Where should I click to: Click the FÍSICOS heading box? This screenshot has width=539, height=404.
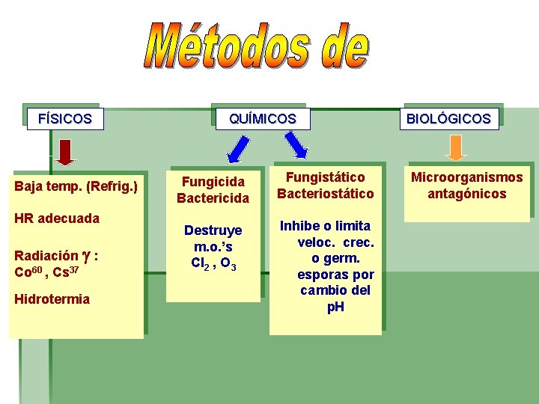(x=64, y=118)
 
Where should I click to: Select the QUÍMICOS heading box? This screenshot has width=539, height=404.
(x=262, y=118)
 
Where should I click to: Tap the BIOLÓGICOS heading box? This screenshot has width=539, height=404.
(x=448, y=118)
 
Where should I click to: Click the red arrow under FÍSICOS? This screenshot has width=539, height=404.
(x=67, y=152)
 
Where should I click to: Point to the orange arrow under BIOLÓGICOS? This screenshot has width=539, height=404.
(x=456, y=148)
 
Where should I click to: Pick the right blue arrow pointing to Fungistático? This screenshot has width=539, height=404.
(x=297, y=145)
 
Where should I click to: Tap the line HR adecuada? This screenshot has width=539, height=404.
(x=57, y=218)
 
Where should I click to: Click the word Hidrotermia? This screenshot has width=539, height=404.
(x=52, y=299)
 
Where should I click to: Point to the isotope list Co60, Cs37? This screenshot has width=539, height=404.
(x=46, y=272)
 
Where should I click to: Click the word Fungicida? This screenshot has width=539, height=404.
(x=213, y=182)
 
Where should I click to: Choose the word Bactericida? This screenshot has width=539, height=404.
(x=213, y=198)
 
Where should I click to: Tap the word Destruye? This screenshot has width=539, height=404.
(x=213, y=230)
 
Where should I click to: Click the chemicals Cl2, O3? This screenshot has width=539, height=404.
(x=213, y=263)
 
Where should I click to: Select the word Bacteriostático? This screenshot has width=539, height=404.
(x=326, y=194)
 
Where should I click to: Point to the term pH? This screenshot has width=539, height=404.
(x=336, y=307)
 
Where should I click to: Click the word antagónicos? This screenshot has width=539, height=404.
(x=467, y=194)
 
